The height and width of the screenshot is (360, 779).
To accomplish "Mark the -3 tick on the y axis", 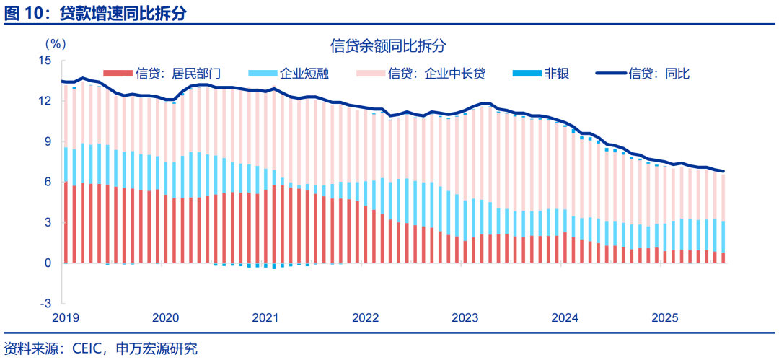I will (47, 303).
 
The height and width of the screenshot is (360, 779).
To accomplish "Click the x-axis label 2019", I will (66, 317).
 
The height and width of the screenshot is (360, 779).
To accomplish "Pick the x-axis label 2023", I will (465, 317).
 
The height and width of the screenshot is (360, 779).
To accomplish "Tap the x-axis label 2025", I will (664, 317).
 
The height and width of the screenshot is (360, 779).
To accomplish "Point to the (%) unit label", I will (57, 44).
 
